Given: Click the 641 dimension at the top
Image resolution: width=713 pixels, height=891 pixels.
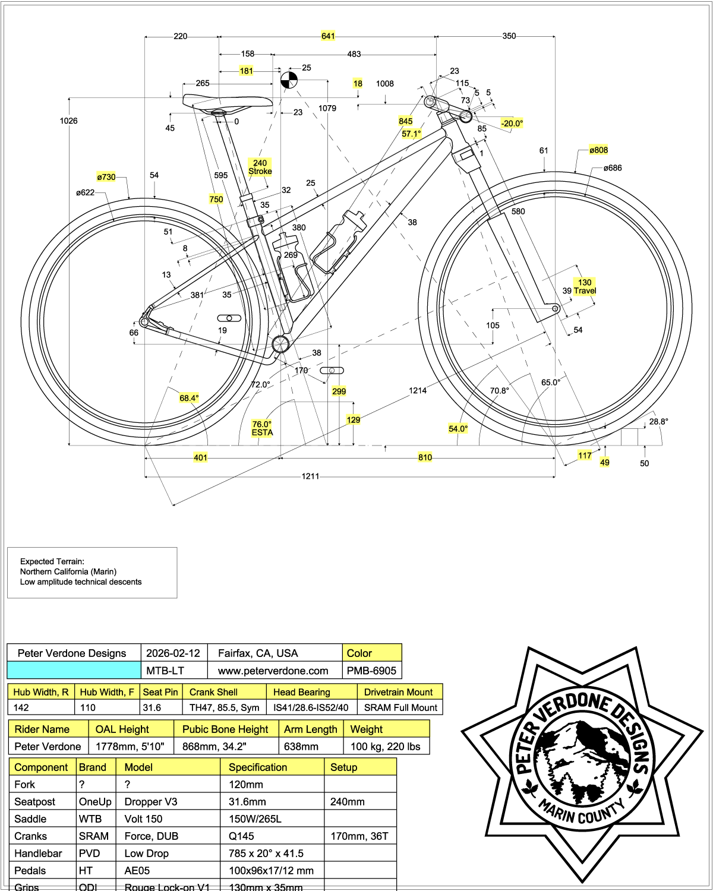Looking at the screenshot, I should (x=328, y=36).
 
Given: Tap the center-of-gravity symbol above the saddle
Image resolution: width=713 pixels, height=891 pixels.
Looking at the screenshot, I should (x=289, y=80).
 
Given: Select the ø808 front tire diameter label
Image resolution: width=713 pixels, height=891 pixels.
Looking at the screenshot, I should (x=598, y=150).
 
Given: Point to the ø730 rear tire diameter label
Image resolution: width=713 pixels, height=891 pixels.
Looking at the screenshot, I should (x=106, y=177).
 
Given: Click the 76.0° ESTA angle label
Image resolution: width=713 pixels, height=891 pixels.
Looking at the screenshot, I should (x=262, y=428).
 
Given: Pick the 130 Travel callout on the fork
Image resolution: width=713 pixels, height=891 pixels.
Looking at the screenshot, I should (x=585, y=287).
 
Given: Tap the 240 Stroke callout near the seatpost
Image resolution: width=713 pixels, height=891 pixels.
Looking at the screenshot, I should (x=260, y=167).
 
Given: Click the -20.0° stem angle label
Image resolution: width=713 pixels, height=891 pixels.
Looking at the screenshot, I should (x=512, y=124).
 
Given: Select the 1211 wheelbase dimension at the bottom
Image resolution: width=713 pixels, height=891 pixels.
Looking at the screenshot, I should (x=310, y=476).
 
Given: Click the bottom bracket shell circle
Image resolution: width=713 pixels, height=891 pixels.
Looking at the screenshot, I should (x=280, y=343).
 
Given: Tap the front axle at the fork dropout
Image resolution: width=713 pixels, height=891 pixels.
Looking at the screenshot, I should (x=556, y=308).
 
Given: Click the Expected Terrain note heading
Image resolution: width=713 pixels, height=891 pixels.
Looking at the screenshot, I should (x=52, y=561).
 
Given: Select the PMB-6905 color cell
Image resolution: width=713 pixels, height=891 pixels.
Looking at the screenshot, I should (x=371, y=671).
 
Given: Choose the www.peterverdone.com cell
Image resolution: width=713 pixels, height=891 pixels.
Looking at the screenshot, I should (x=273, y=671).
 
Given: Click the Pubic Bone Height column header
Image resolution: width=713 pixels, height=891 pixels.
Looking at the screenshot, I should (x=225, y=729).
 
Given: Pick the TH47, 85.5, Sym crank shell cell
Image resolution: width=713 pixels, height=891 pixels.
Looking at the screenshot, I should (x=224, y=707).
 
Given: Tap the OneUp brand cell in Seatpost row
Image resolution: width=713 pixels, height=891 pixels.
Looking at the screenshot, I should (x=95, y=802).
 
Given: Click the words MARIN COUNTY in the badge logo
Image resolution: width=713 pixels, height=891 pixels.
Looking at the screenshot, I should (x=582, y=812).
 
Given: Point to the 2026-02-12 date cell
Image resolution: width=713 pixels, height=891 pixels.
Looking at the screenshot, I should (x=173, y=653).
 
